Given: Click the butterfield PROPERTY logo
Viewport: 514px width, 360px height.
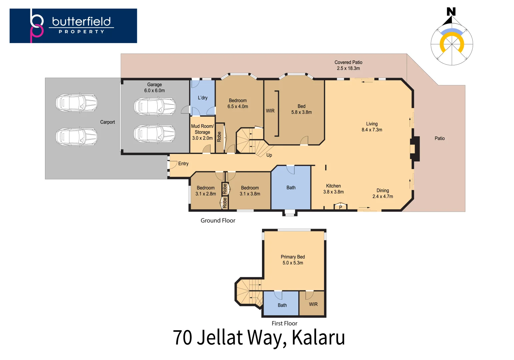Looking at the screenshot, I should pos(73,26).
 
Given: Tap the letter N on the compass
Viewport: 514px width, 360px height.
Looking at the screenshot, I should pos(451,12).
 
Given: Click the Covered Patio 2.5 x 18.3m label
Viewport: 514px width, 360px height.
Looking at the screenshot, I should pos(348,65).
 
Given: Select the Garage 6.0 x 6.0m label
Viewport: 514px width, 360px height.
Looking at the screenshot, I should pos(154,88).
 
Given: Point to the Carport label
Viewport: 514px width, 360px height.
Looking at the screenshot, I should pos(107,122).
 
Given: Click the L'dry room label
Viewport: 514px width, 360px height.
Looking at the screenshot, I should pos(203,98).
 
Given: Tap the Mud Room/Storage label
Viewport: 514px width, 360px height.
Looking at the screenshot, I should pos(202,132).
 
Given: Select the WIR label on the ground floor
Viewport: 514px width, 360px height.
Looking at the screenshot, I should pos(270,111).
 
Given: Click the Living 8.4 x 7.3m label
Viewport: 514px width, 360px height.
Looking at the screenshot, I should pos(372,127).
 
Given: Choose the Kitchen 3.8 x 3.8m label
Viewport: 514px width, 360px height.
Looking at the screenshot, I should pos(333,189).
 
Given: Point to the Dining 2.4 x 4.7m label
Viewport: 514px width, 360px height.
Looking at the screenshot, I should pos(383,193).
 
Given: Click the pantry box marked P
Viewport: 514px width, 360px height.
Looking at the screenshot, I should pos(340,207).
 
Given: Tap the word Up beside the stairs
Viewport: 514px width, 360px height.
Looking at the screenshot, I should pos(269,155).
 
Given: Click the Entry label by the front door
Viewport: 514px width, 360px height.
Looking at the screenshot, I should pos(183,164).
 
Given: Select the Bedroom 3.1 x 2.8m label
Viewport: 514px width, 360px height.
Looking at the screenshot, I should pos(206,191).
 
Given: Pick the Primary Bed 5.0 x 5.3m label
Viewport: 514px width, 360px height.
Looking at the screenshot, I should pos(293,260).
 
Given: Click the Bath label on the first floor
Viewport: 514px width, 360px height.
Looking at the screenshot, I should pos(282,305).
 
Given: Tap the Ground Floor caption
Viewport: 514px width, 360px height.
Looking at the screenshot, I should pos(218,220).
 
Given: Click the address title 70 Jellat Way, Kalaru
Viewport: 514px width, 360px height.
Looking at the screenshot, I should pos(259,338).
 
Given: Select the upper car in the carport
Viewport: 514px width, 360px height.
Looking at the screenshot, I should pos(76,103).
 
